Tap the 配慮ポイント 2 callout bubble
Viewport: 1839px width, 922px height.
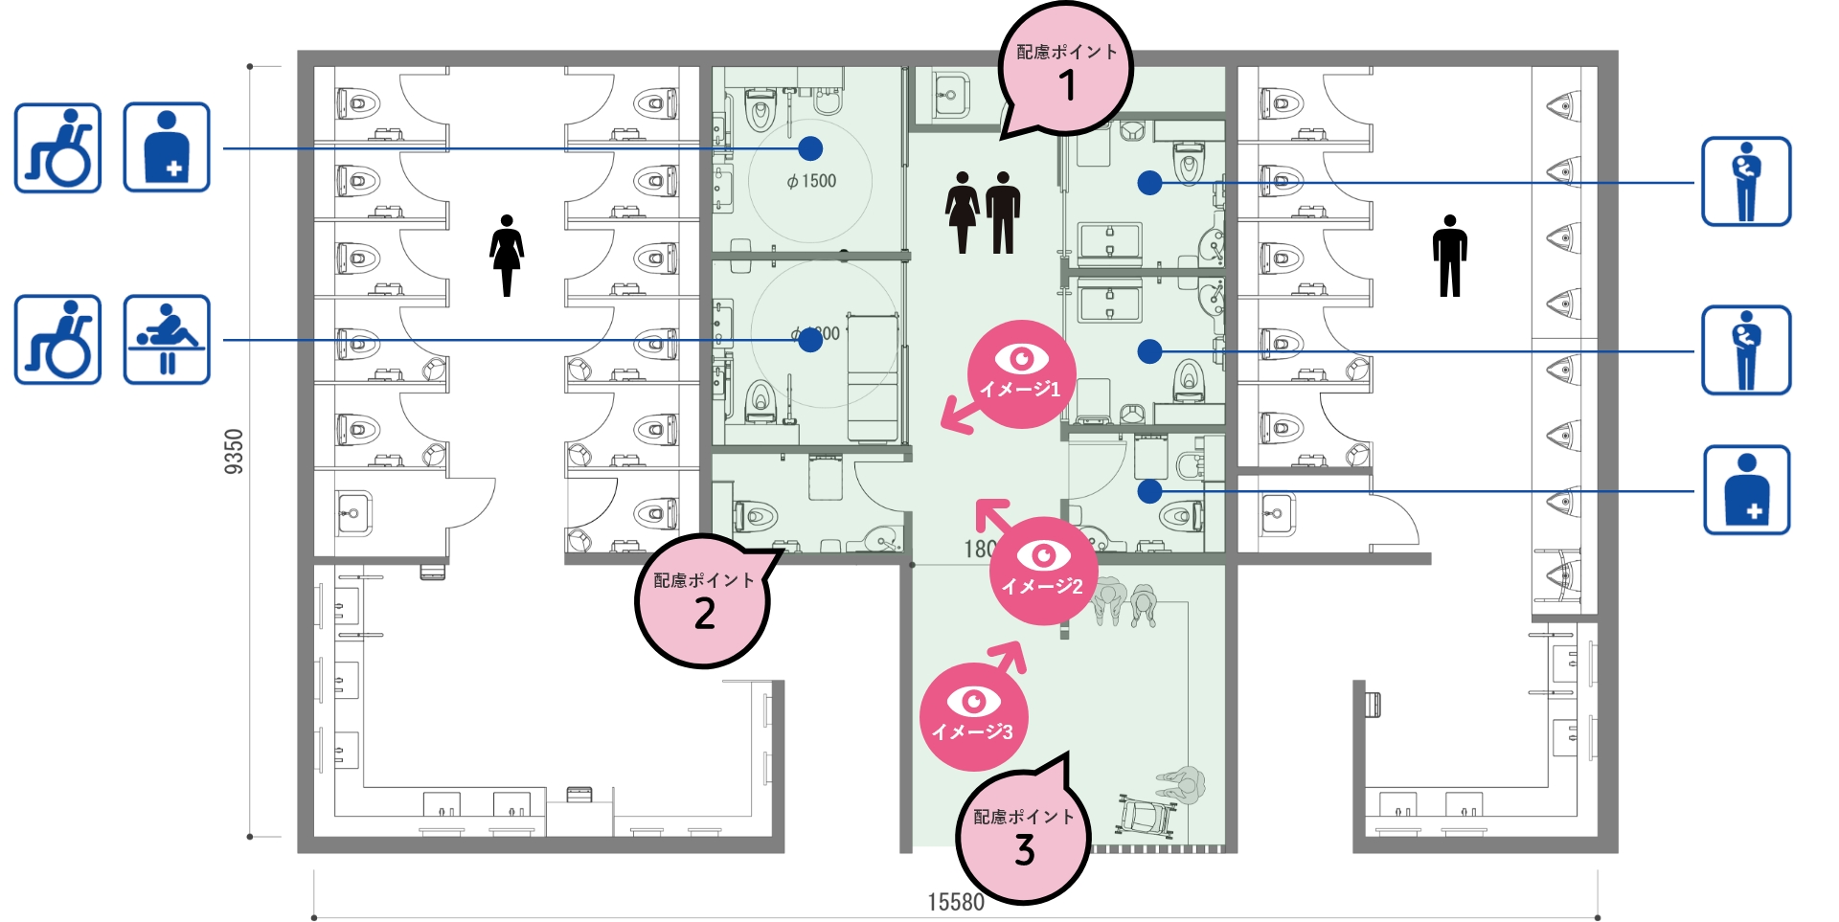pos(703,600)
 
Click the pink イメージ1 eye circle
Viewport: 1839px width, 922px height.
pos(1021,373)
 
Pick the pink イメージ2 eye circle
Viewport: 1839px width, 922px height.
pos(1043,571)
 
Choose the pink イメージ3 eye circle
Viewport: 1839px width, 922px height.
pos(973,716)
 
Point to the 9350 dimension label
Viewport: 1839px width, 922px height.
pos(234,451)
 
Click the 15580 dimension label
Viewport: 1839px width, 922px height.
pos(955,902)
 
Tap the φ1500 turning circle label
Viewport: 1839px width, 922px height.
pos(811,181)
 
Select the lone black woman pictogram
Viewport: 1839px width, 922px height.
pos(507,255)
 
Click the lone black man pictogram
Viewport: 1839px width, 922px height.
pos(1450,255)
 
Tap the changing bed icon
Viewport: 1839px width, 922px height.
pos(167,339)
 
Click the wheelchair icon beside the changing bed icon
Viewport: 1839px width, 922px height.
pos(57,339)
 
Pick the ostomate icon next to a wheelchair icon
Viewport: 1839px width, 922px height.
pos(167,147)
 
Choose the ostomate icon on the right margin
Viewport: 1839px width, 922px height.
pos(1746,489)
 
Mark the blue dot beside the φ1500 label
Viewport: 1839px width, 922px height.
pos(810,148)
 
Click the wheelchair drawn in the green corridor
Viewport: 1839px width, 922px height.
pos(1146,816)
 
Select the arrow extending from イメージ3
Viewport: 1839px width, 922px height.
pos(1008,656)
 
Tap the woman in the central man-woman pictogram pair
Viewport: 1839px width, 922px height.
pos(963,212)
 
